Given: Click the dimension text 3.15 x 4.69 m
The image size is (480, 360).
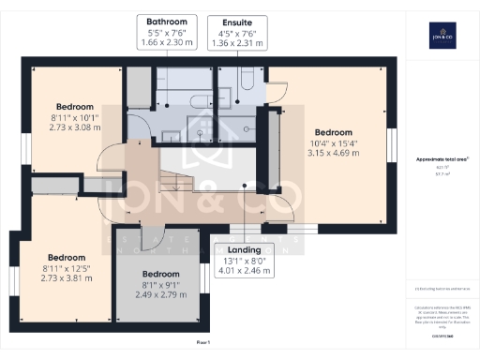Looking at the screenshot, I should [333, 153].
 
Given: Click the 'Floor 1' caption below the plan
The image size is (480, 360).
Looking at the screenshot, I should [202, 343].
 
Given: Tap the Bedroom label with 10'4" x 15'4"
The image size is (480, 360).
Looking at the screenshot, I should [333, 131].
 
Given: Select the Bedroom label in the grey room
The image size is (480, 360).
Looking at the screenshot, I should [160, 274].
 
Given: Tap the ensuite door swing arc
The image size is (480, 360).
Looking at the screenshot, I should [276, 89].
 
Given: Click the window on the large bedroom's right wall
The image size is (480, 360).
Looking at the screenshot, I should [393, 145].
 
